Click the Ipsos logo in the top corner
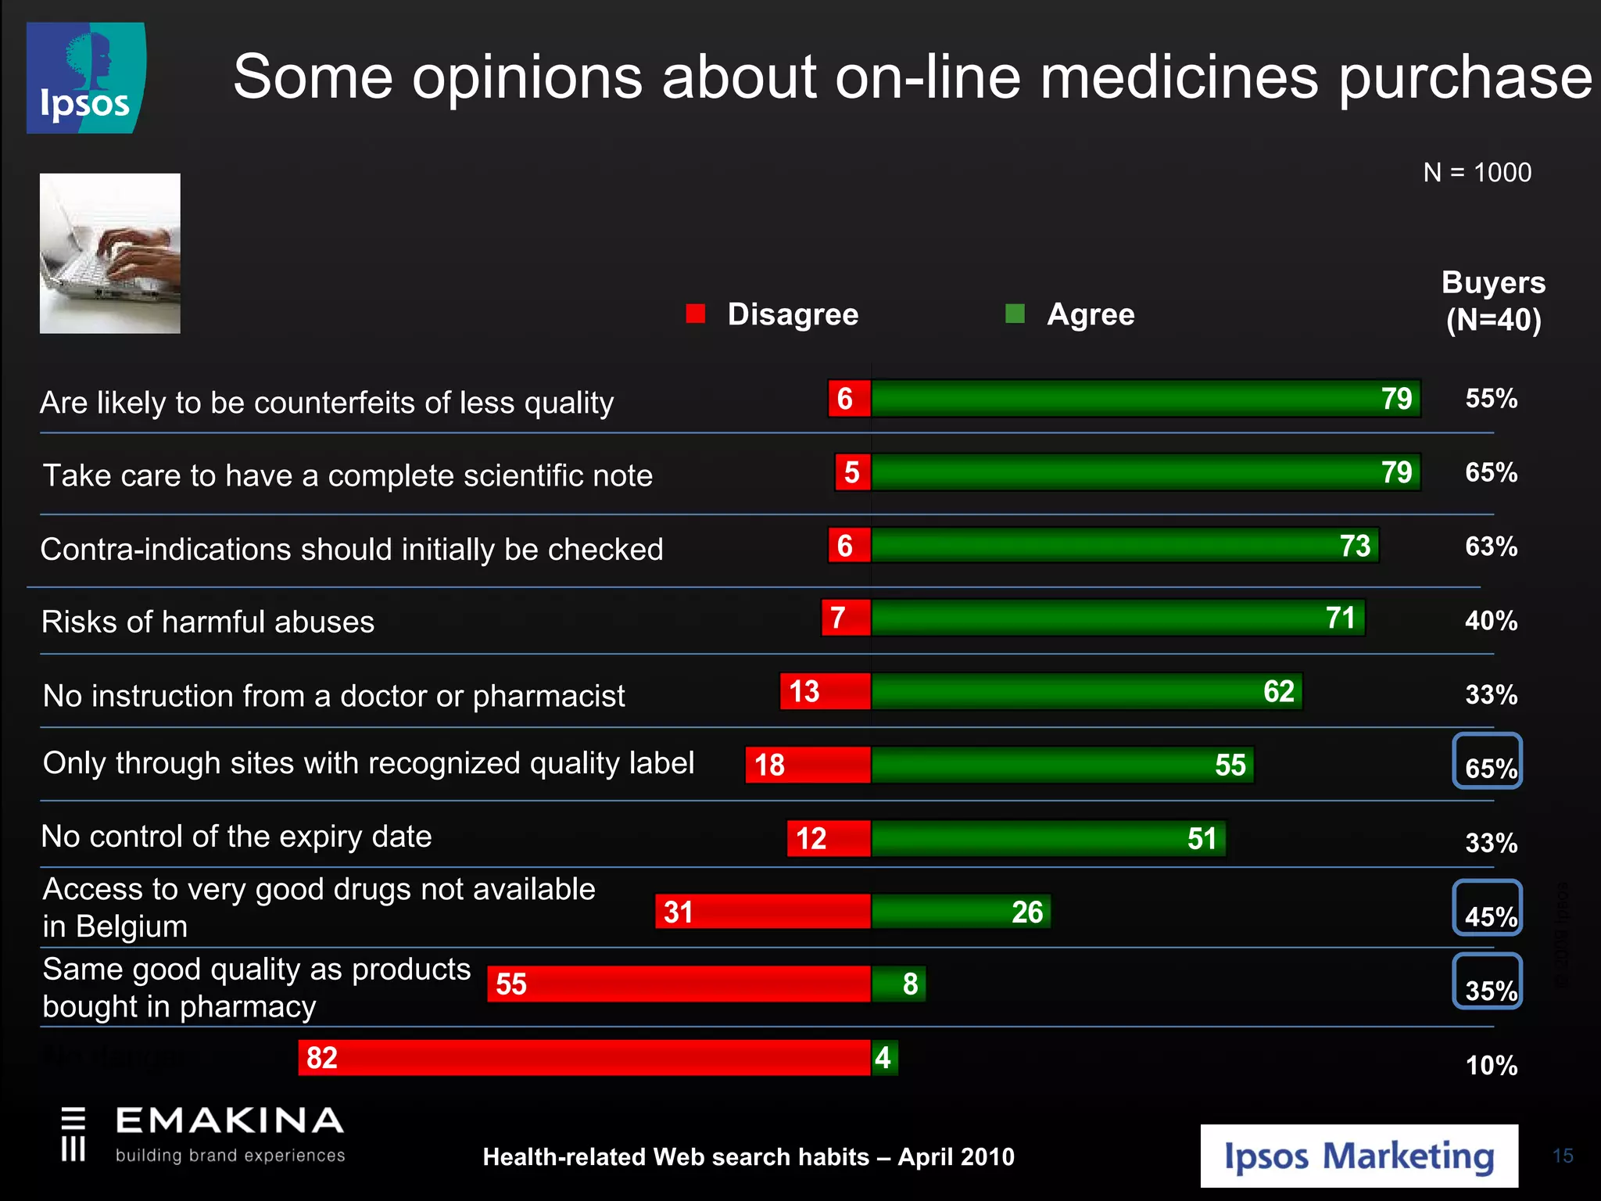[x=86, y=78]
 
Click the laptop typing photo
[x=110, y=253]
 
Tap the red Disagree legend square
[x=695, y=314]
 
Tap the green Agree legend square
[x=1015, y=314]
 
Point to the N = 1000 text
[x=1477, y=172]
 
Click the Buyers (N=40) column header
[x=1493, y=301]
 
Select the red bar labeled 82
[x=584, y=1057]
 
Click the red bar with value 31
[x=762, y=911]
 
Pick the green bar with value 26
[x=961, y=911]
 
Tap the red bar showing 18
[x=808, y=764]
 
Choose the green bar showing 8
[x=898, y=984]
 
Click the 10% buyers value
[x=1491, y=1065]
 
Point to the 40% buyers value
[x=1491, y=621]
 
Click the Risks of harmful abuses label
[x=208, y=622]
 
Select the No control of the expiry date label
[x=236, y=836]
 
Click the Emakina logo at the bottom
[x=203, y=1134]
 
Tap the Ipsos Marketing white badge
[x=1359, y=1156]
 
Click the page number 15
[x=1563, y=1156]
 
